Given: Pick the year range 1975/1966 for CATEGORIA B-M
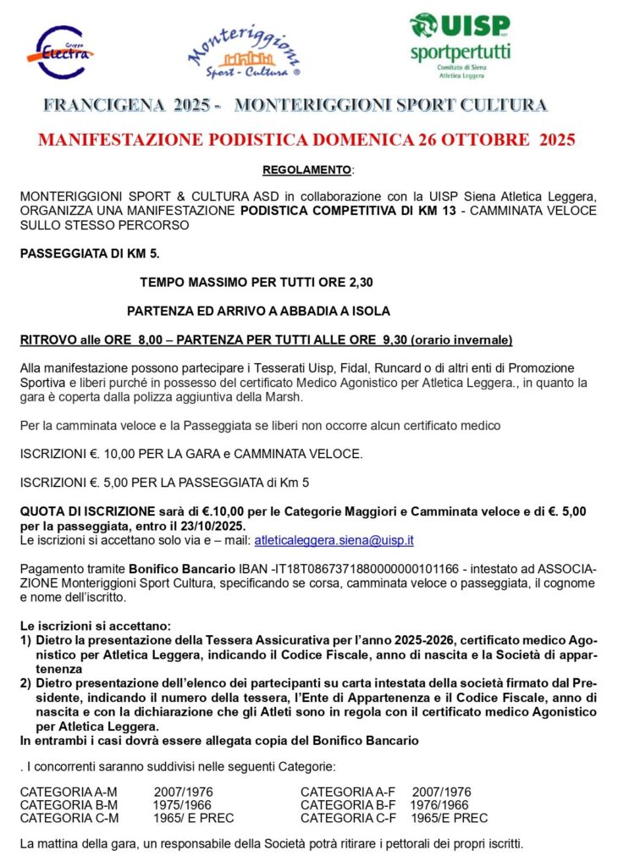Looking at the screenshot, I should [183, 805].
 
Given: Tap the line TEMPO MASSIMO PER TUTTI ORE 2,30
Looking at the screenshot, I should [257, 281].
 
